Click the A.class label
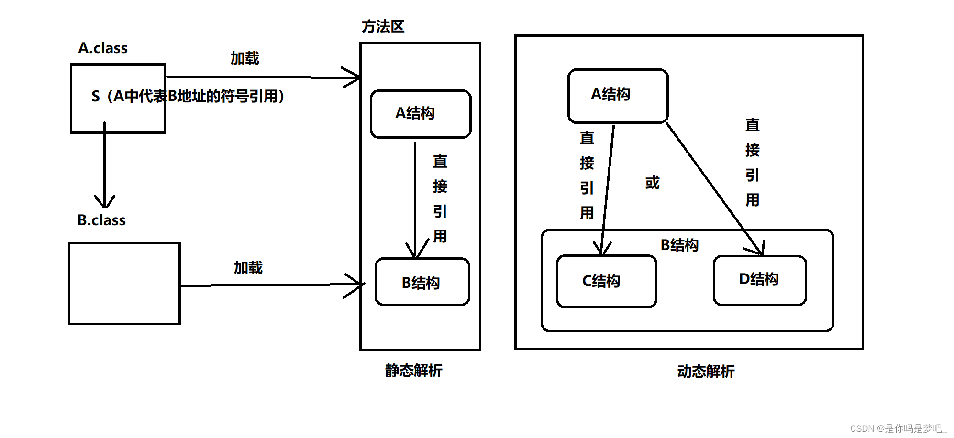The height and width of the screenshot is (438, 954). tap(103, 48)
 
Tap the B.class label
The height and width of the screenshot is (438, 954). tap(101, 220)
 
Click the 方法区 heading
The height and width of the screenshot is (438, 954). tap(383, 27)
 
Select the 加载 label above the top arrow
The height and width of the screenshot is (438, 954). tap(244, 58)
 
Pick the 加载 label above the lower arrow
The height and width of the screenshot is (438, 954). tap(248, 268)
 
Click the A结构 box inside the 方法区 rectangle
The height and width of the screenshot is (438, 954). tap(420, 114)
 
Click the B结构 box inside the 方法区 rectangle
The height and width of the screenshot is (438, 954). tap(422, 282)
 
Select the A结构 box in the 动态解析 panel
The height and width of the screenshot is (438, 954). tap(617, 96)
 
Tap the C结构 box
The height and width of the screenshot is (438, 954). tap(606, 281)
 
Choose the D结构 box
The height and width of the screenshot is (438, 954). tap(759, 280)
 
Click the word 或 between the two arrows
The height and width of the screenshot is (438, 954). tap(652, 183)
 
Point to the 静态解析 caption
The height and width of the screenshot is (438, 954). tap(413, 371)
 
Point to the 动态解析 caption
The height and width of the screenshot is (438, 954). tap(706, 372)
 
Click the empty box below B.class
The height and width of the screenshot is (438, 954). tap(124, 284)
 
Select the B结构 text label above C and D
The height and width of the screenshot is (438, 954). tap(679, 245)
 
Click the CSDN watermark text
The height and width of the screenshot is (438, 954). tap(898, 428)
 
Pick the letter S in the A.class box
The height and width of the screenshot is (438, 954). tap(96, 97)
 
